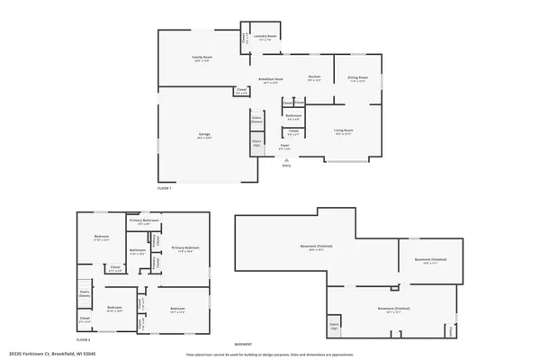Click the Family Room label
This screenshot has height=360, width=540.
(x=201, y=58)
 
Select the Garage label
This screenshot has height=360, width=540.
(x=205, y=135)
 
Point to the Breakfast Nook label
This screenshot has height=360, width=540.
(x=272, y=80)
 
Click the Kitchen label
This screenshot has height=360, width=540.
(x=314, y=76)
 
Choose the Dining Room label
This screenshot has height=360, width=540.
(x=356, y=79)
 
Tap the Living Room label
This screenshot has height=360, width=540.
(x=344, y=130)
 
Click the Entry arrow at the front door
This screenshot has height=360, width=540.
(x=287, y=159)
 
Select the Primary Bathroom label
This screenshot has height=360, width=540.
(x=144, y=220)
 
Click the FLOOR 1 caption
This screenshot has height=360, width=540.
(x=164, y=187)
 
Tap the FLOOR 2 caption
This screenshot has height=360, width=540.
(x=84, y=339)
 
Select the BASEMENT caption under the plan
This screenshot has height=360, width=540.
(x=243, y=345)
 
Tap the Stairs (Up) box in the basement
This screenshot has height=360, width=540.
(x=334, y=325)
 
